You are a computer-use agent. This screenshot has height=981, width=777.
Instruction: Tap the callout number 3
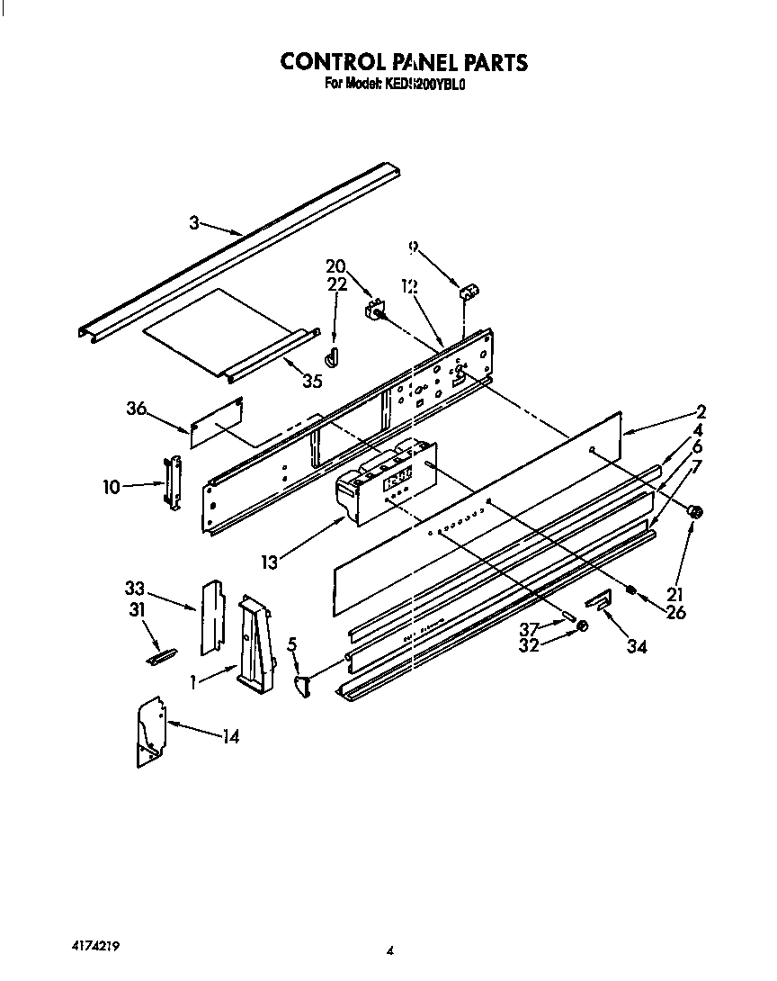(x=193, y=223)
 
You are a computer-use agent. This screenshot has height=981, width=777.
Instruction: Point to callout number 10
(x=112, y=487)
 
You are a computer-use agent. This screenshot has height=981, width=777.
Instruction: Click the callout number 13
(x=271, y=562)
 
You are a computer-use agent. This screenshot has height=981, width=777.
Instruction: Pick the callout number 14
(x=231, y=737)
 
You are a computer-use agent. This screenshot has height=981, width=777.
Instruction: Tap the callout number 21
(x=676, y=594)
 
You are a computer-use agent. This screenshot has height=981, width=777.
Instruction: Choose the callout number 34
(x=638, y=645)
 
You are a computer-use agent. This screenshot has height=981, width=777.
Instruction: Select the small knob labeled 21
(x=694, y=511)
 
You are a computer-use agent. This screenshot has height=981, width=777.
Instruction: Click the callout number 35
(x=312, y=381)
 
